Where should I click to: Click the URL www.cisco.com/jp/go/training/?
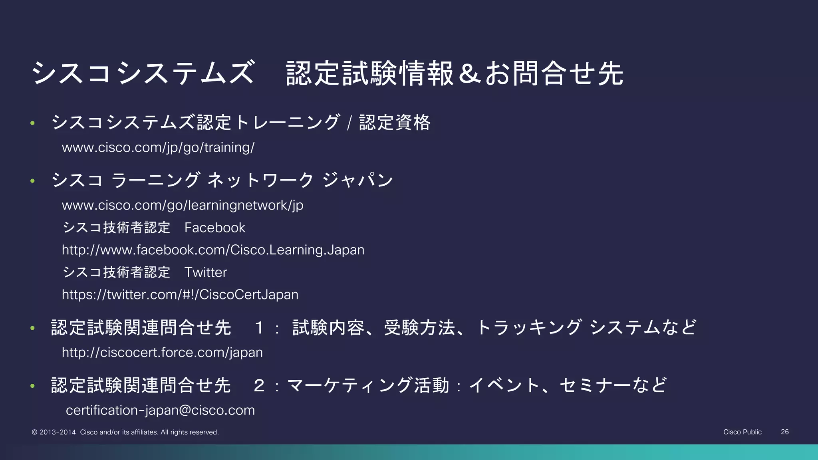158,148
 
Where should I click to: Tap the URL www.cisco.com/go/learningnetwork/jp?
183,205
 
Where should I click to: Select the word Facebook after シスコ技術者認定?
214,228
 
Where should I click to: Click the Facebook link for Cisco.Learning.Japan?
213,250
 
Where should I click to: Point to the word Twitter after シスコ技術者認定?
206,272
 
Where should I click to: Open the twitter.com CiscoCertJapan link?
180,295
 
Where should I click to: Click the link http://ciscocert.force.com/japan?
162,353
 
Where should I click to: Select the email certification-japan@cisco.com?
160,410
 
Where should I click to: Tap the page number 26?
784,432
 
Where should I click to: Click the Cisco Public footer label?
742,432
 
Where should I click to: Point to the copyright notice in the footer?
125,432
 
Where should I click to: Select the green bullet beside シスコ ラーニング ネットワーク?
33,181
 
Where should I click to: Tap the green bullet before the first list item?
33,123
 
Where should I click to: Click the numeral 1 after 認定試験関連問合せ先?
259,328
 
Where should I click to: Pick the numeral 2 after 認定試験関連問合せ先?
259,386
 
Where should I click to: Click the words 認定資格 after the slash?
394,122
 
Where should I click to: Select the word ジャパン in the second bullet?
357,180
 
